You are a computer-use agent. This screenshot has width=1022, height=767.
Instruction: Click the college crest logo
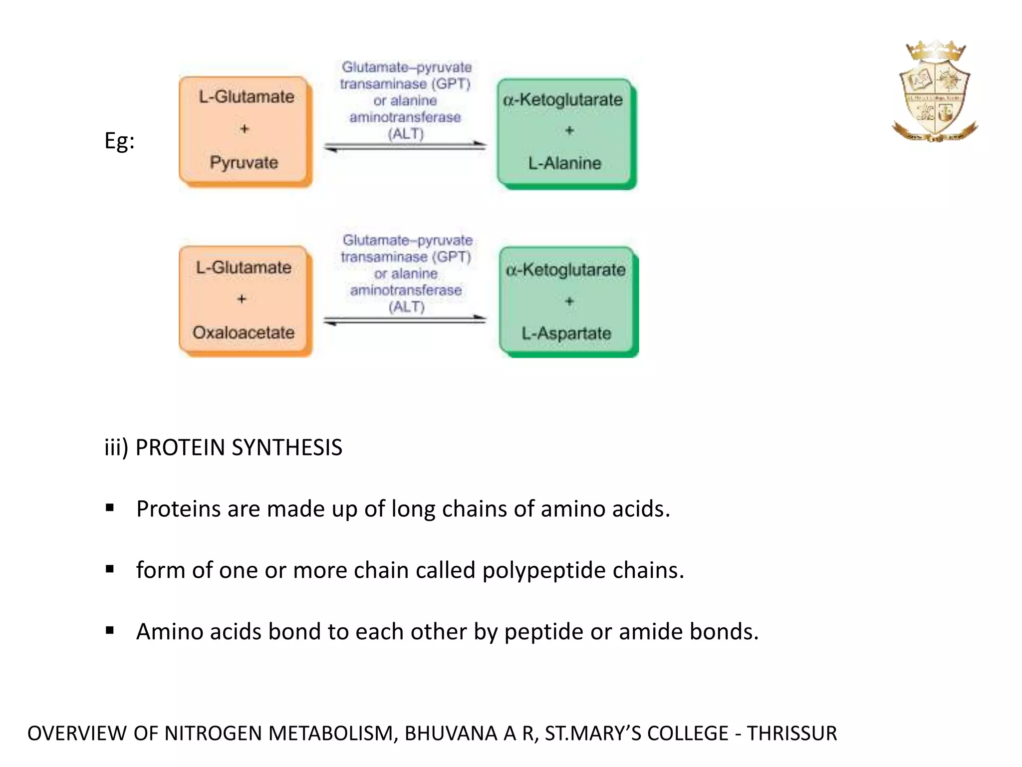tap(935, 91)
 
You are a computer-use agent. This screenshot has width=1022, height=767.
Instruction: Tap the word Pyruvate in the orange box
tap(244, 163)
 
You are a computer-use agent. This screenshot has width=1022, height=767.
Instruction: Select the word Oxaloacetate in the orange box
tap(244, 332)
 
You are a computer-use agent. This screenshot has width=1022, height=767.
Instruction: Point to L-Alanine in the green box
tap(565, 163)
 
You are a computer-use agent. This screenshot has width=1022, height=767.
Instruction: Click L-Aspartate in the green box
tap(566, 333)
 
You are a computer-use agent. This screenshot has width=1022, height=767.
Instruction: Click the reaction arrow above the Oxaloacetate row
tap(405, 320)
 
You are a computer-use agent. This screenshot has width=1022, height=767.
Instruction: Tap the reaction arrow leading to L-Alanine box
tap(405, 146)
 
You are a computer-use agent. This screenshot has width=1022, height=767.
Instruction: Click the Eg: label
tap(119, 141)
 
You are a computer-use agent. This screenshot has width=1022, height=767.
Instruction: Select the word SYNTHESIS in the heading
tap(287, 447)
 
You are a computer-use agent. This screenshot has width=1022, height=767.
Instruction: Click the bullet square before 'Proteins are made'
tap(110, 508)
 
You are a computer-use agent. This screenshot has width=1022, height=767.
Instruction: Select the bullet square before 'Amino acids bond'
tap(110, 631)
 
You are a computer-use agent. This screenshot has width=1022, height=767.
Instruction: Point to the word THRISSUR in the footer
tap(792, 733)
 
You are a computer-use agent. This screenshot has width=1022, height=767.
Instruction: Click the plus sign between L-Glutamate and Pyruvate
tap(244, 129)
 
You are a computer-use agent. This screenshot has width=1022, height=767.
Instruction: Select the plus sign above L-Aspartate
tap(569, 301)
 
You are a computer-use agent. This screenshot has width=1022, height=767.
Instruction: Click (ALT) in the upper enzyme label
tap(406, 134)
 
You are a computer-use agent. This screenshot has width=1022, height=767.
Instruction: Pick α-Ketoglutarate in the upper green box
tap(562, 99)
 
